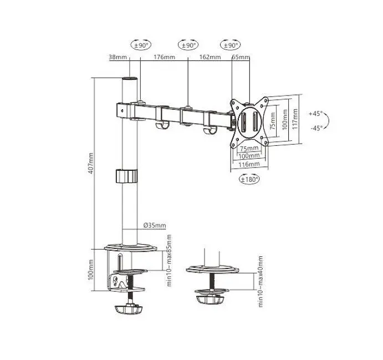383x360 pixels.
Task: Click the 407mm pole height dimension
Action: pos(90,163)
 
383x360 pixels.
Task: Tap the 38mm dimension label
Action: pos(118,57)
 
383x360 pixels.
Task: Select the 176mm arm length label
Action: pos(164,57)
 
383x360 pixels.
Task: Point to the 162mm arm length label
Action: pos(210,57)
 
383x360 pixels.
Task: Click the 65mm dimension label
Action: pos(241,57)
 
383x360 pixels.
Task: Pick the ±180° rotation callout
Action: pos(249,179)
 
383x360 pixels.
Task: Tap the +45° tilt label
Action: pos(315,114)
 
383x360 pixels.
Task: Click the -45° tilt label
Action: pos(316,128)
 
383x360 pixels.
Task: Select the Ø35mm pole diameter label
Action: pos(155,225)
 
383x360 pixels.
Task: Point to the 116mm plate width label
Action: pos(249,164)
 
